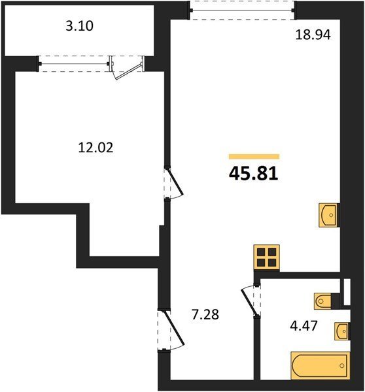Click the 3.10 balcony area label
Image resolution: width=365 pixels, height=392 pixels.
point(80,25)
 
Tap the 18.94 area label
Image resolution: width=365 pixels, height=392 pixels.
point(313,35)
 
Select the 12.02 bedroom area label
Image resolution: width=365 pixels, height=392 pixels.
point(96,147)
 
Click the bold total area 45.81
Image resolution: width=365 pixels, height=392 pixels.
point(253,174)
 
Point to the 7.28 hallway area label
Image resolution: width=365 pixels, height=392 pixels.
point(205,314)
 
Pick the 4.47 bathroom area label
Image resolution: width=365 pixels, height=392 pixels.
point(304,326)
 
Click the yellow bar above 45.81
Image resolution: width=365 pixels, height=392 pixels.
point(254,157)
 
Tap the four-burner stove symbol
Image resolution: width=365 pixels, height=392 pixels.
point(267,257)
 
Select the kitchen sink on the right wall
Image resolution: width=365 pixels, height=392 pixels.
point(328,215)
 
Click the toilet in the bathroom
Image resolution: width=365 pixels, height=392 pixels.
point(323,301)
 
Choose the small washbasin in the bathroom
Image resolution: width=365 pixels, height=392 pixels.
point(342,331)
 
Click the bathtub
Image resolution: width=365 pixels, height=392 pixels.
point(320,365)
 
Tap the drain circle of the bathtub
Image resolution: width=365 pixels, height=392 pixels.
point(342,366)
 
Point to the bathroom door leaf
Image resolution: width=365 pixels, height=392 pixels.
point(249,302)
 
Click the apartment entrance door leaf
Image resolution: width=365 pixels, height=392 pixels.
point(174,328)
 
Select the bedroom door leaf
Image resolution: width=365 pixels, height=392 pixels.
point(175,182)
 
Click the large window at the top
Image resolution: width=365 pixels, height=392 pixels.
point(242,10)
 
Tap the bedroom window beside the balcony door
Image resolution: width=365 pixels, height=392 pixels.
point(74,64)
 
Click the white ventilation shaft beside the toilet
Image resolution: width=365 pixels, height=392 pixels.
point(347,292)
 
